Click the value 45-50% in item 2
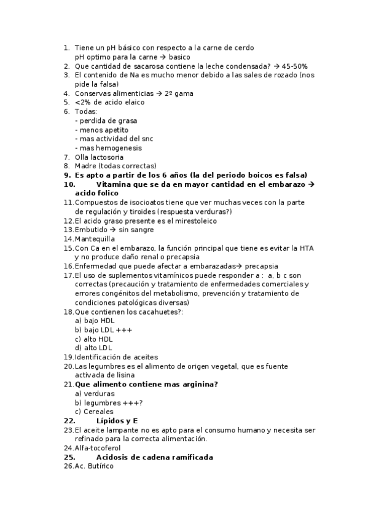[295, 66]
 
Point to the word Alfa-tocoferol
[98, 448]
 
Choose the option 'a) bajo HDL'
[95, 321]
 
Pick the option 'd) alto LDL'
[93, 348]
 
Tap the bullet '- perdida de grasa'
[106, 120]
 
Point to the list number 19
[68, 357]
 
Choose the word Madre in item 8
[85, 166]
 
